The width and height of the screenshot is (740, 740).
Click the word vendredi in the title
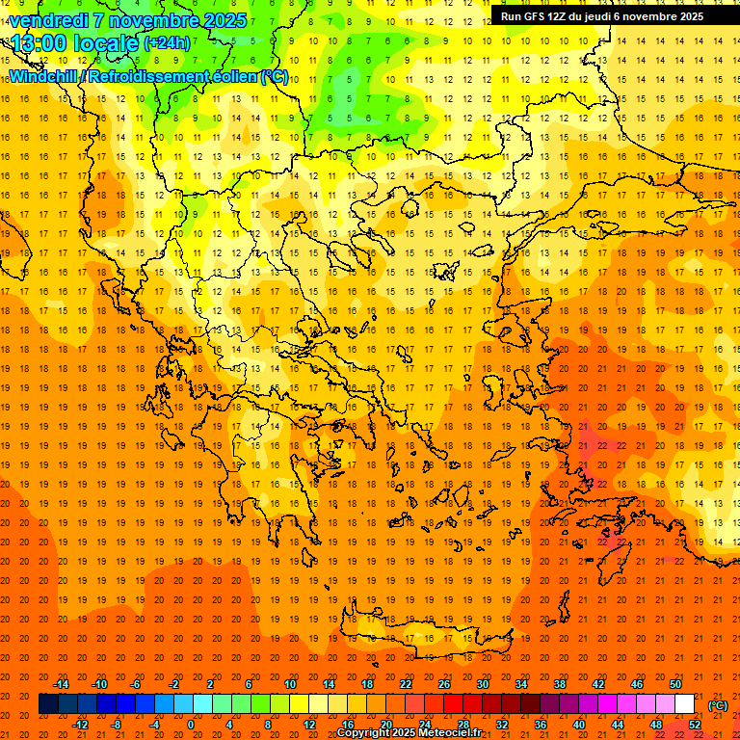coord(51,20)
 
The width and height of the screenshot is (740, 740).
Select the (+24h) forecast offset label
coord(167,43)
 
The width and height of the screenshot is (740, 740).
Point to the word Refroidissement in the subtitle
coord(144,76)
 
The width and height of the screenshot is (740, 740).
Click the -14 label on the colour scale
coord(61,684)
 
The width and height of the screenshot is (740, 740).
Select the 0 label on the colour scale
coord(191,724)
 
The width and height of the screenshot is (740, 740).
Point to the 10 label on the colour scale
coord(289,684)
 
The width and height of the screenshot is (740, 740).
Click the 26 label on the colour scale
coord(444,684)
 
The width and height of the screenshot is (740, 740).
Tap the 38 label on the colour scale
coord(560,684)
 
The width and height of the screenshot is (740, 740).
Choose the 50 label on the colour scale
coord(675,684)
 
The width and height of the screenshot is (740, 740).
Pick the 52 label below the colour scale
coord(695,724)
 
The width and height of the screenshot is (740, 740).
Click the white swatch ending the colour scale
coord(685,703)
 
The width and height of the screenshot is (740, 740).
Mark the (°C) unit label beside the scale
coord(717,705)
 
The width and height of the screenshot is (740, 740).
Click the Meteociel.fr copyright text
coord(410,733)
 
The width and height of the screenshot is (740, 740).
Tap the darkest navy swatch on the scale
coord(48,703)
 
